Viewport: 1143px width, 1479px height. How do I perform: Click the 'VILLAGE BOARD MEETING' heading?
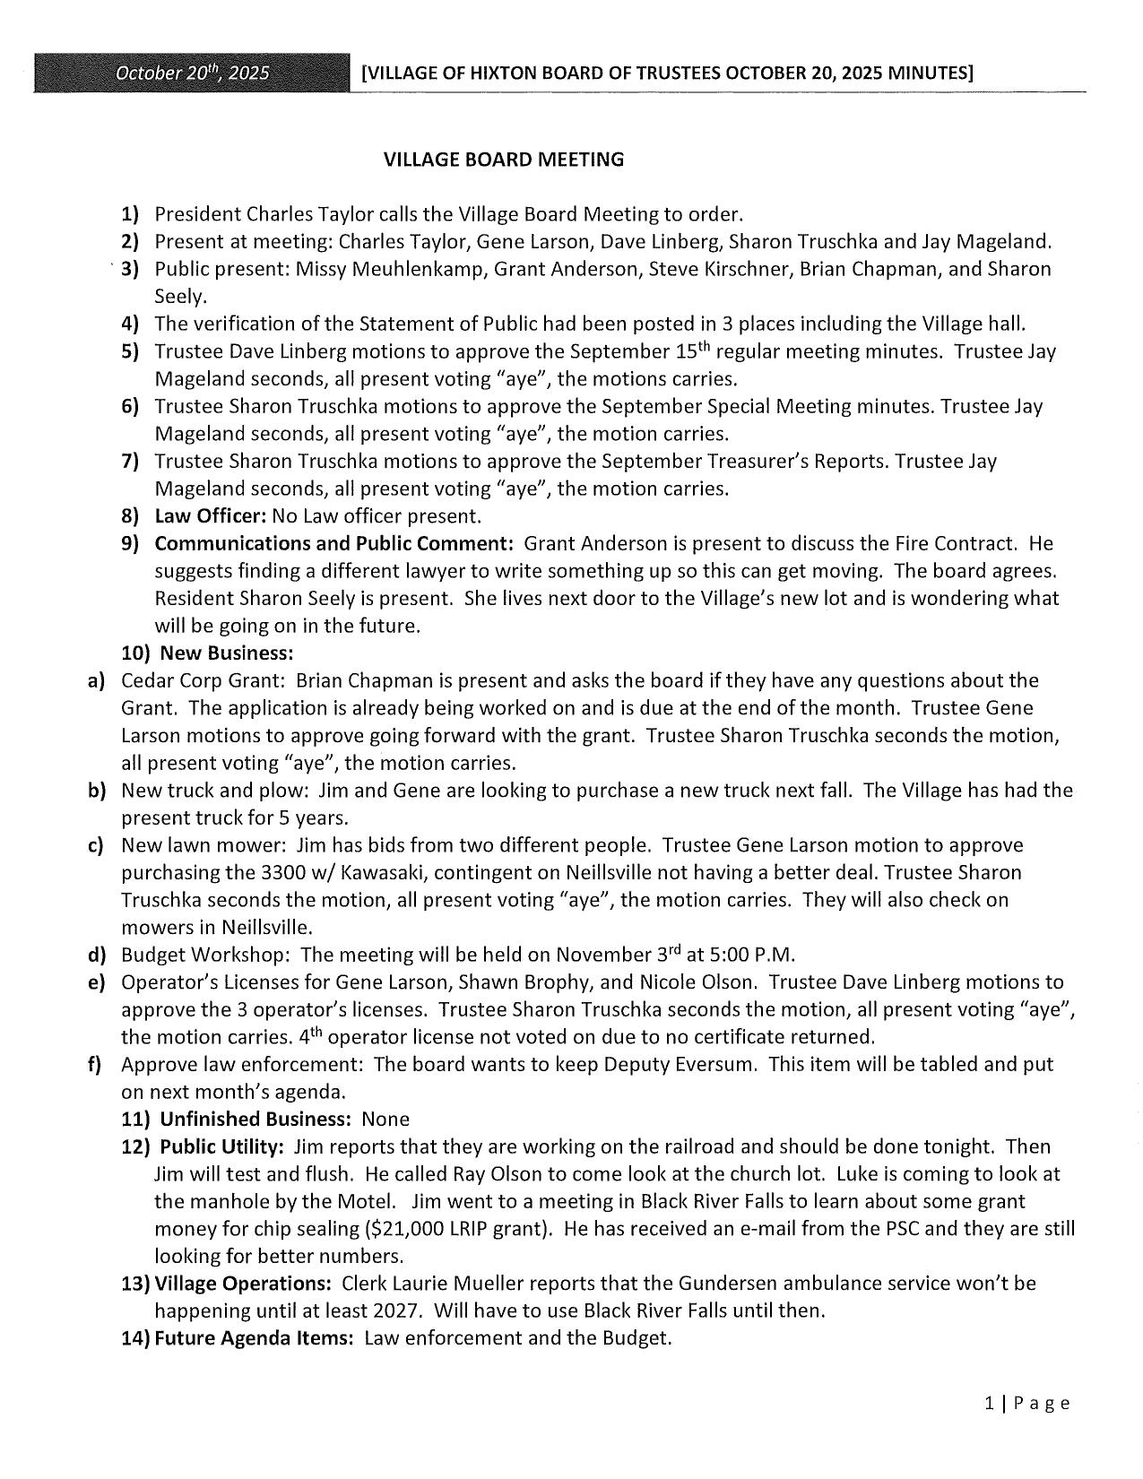pos(503,160)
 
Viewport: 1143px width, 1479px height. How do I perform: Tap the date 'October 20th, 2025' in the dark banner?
pos(192,73)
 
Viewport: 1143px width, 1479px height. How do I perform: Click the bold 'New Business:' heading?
pos(227,653)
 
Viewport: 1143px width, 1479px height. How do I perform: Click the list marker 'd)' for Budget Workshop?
pos(97,955)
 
